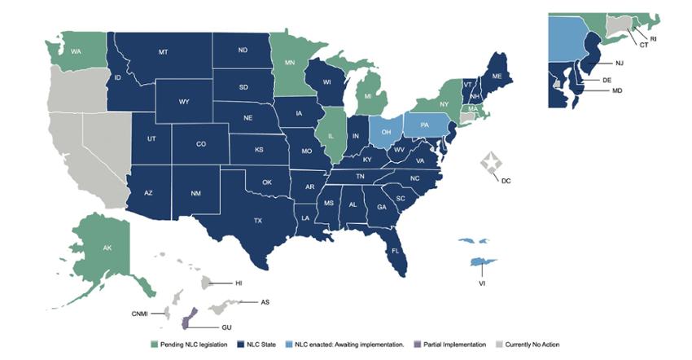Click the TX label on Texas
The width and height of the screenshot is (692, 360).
(x=258, y=221)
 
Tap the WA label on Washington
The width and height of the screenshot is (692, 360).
(x=75, y=52)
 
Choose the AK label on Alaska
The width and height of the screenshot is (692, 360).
(x=107, y=248)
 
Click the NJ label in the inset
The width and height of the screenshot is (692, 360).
(x=618, y=62)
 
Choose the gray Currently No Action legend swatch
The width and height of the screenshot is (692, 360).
(x=498, y=345)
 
